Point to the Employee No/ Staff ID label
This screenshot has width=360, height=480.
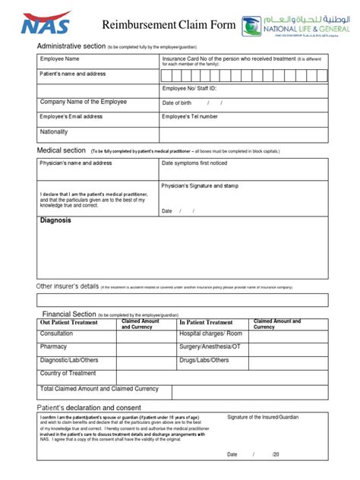(x=193, y=89)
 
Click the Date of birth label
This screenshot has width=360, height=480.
(x=180, y=103)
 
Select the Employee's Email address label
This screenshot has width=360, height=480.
(x=71, y=116)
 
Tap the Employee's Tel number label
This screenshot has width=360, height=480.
(x=189, y=116)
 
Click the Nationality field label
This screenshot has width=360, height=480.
(x=55, y=131)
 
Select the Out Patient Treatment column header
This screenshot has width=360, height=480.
(x=69, y=322)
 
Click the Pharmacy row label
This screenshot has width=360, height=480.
(x=54, y=346)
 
